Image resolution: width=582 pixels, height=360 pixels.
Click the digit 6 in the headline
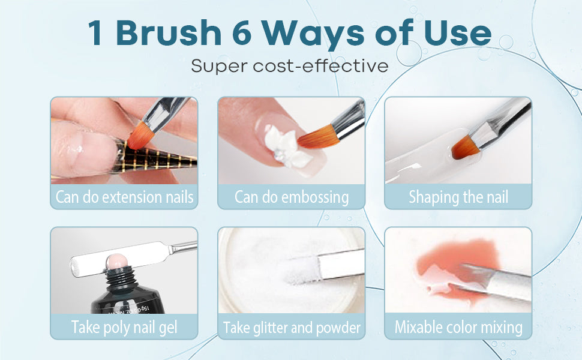click(x=242, y=34)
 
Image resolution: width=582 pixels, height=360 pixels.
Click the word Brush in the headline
click(x=169, y=32)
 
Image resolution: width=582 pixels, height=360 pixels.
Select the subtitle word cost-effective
click(x=320, y=66)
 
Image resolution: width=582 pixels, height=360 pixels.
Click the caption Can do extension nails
click(x=124, y=197)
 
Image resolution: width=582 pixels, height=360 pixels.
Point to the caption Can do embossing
click(x=292, y=197)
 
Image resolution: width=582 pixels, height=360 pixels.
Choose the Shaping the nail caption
click(x=458, y=197)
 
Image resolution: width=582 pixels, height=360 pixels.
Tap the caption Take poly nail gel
click(x=124, y=328)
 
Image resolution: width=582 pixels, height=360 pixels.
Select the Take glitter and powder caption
click(x=292, y=328)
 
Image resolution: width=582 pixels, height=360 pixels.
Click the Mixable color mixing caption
click(x=458, y=328)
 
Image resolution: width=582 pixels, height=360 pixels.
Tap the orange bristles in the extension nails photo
click(x=140, y=136)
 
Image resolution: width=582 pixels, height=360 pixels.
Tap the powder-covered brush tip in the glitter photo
click(x=301, y=270)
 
